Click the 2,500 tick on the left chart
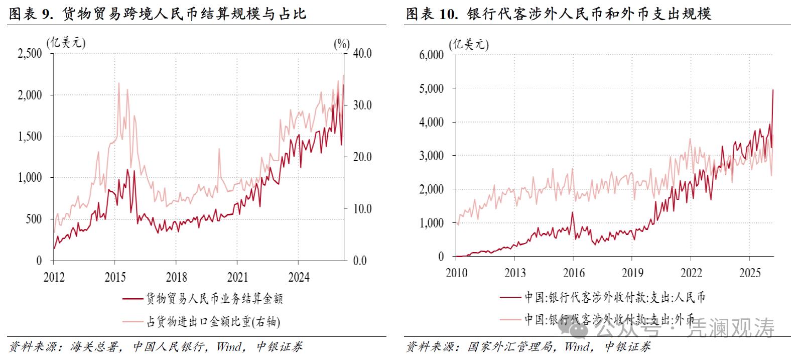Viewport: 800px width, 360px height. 30,54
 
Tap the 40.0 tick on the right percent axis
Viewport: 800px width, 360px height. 361,54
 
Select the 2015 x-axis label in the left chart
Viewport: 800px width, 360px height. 115,277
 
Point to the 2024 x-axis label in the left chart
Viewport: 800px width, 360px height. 298,277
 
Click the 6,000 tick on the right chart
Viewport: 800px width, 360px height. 431,55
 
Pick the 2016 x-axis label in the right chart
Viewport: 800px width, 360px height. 573,273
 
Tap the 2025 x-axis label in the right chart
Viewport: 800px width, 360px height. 749,273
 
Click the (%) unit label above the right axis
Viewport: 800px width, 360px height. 342,44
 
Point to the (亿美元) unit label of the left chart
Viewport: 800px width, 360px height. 66,43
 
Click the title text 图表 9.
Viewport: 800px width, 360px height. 31,14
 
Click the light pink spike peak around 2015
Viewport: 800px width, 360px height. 118,83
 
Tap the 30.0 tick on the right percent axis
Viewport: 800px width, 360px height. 361,105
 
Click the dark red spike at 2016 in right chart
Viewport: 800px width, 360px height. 572,212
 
